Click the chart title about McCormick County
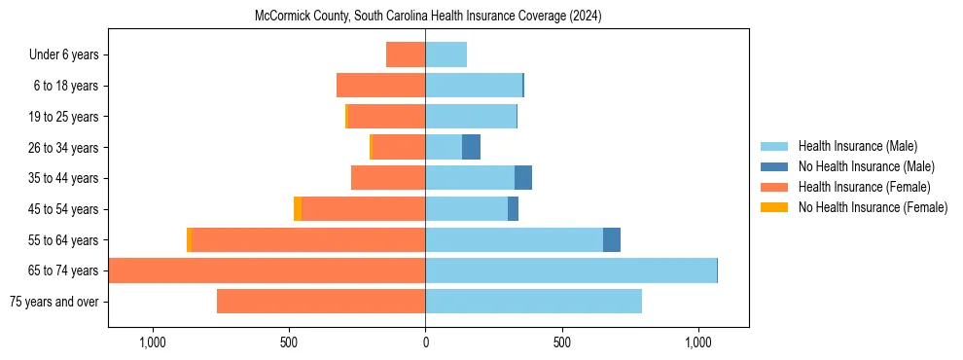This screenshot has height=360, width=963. tap(428, 17)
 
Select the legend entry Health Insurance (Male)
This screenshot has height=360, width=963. tap(857, 146)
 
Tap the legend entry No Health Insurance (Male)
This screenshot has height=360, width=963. tap(866, 166)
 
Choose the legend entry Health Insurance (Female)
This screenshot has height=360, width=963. tap(864, 187)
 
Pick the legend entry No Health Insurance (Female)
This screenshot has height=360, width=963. tap(873, 207)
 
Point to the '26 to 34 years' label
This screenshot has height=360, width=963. tap(63, 148)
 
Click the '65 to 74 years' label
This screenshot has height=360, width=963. tap(63, 270)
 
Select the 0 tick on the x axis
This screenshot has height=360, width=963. tap(425, 343)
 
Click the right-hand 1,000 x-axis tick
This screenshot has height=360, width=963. tap(698, 343)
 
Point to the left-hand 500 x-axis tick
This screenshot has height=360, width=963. tap(289, 343)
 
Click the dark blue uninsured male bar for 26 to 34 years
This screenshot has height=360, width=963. tap(471, 147)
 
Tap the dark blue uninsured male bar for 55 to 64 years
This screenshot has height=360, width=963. tap(612, 239)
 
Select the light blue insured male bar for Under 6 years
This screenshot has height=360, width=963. tap(446, 54)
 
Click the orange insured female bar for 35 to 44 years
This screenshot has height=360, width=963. tap(388, 178)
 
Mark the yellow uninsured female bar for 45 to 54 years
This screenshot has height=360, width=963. tap(298, 209)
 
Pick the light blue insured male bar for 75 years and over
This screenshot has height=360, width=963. tap(533, 302)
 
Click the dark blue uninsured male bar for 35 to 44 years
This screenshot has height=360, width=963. tap(523, 178)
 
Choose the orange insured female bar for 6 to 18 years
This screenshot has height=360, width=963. tap(380, 86)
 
